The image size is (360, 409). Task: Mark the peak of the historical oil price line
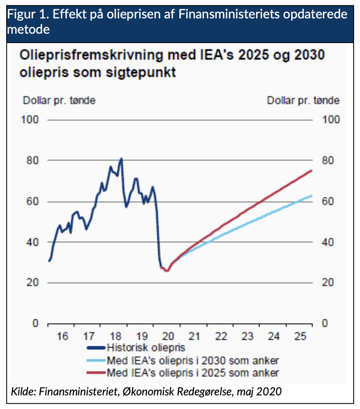click(122, 158)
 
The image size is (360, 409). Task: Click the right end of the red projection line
click(311, 171)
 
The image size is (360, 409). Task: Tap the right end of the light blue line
click(311, 195)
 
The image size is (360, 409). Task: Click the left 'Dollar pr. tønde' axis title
click(59, 100)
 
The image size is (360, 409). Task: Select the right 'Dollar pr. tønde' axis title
click(303, 100)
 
